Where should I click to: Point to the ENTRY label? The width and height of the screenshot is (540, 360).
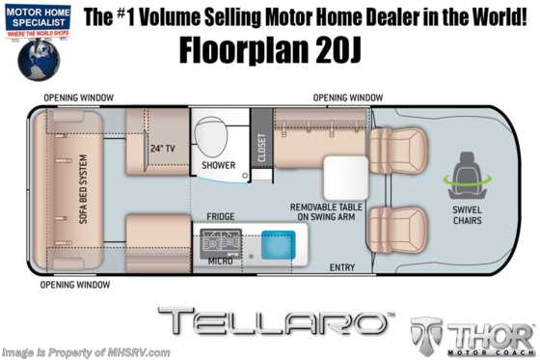click(342, 266)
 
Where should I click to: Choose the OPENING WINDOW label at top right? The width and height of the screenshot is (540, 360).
click(348, 98)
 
